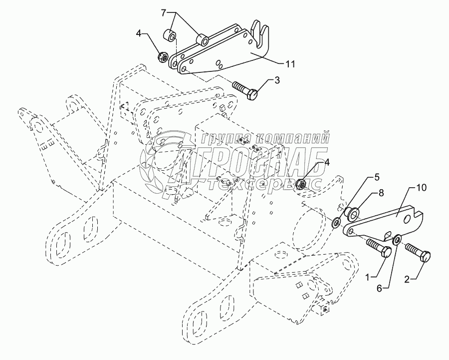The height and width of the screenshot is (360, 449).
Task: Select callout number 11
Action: (290, 64)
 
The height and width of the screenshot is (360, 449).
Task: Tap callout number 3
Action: (277, 80)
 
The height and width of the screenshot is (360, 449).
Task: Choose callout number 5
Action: (377, 177)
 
